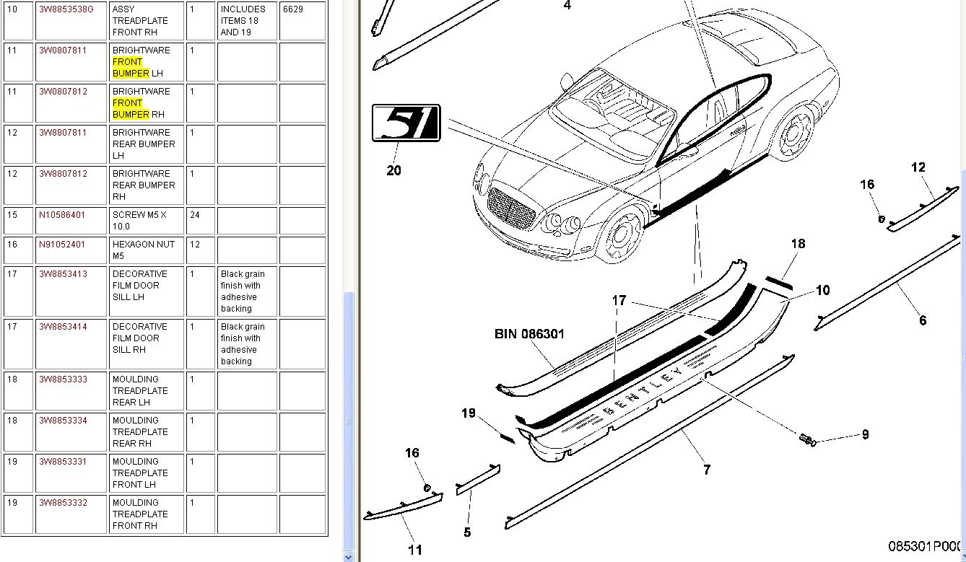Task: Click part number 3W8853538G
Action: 66,9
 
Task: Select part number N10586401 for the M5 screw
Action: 62,215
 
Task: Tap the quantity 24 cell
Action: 195,215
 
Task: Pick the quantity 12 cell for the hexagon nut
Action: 195,245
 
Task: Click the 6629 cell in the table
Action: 293,9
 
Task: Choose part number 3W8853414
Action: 63,327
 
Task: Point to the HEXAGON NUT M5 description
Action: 144,250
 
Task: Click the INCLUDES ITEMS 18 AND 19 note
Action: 243,21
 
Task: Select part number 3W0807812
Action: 63,92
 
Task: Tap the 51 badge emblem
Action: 406,123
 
